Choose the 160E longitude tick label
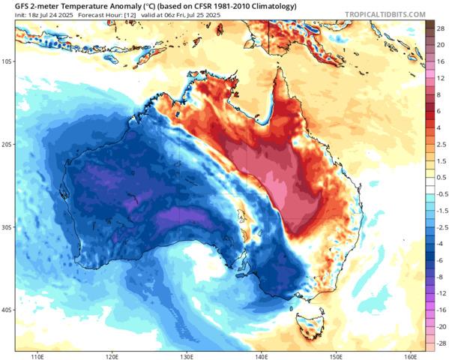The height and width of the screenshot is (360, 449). pyautogui.click(x=409, y=354)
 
